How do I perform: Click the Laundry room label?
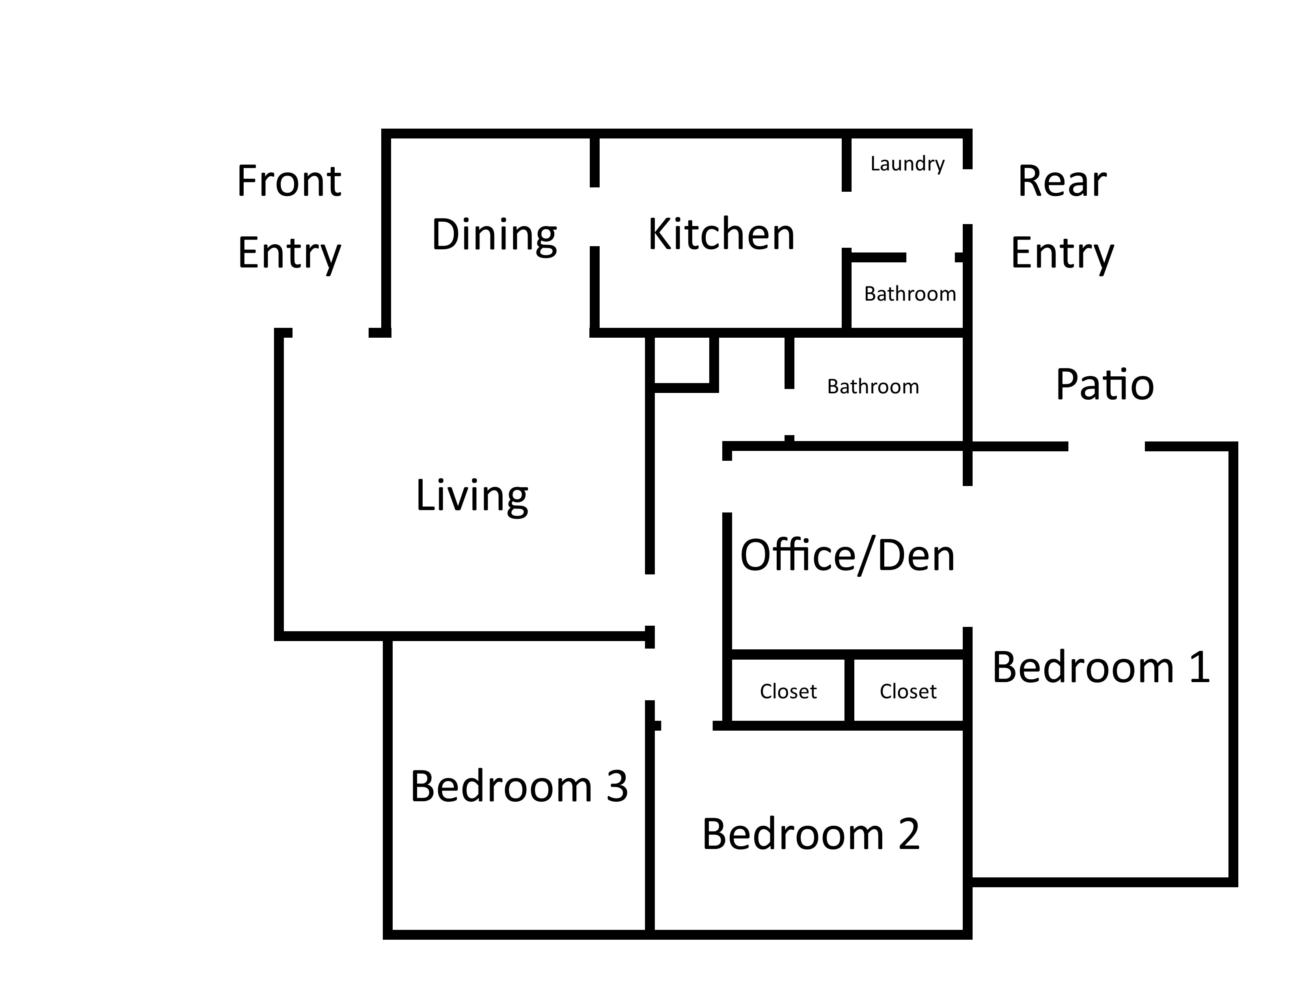pos(907,164)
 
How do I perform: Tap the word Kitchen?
pos(721,234)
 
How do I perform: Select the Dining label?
pos(494,235)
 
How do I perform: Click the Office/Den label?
pos(847,555)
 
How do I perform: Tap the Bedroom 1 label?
pos(1101,668)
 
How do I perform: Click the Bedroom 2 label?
pos(811,834)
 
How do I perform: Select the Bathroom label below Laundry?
pos(910,294)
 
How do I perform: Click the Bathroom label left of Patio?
pos(873,387)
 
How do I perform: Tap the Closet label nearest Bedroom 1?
pos(908,691)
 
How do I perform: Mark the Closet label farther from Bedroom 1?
pos(788,691)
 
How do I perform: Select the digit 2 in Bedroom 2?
pos(909,834)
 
